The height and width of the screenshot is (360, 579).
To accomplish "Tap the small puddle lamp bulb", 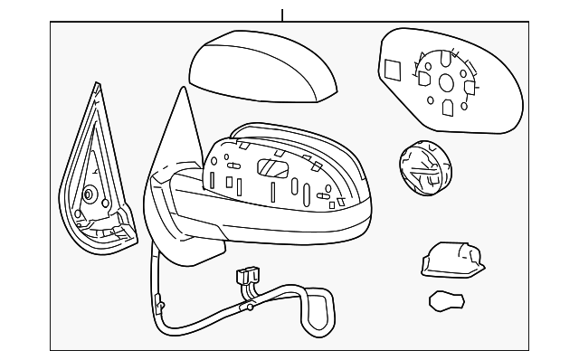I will coord(444,300).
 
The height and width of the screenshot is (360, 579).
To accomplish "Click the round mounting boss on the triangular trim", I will coord(90,194).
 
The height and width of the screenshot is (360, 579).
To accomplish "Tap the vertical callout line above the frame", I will coord(283,14).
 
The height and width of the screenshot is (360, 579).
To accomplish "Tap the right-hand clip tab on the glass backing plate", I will coord(470,87).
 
